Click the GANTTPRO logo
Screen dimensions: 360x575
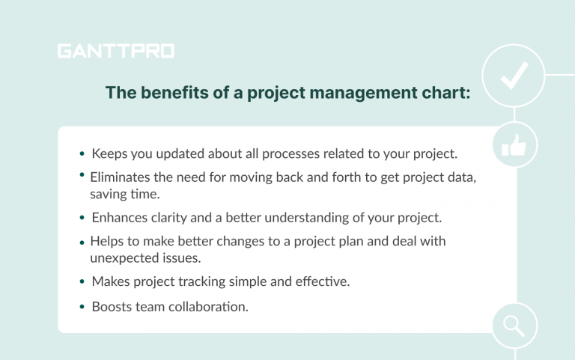click(115, 52)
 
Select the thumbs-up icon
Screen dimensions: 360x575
click(514, 147)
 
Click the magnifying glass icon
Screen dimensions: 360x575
click(514, 326)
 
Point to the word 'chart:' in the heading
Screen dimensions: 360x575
click(445, 93)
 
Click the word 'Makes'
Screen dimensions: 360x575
click(110, 281)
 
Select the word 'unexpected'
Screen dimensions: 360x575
click(123, 257)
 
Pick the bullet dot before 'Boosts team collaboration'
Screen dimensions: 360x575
click(82, 307)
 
